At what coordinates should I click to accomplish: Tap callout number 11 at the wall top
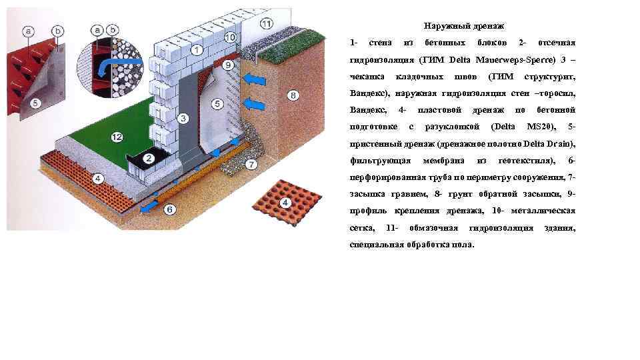[266, 24]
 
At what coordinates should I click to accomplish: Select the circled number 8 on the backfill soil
[293, 95]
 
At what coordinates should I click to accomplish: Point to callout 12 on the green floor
[117, 137]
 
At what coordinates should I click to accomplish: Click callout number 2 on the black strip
[149, 159]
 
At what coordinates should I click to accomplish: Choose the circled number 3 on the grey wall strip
[182, 119]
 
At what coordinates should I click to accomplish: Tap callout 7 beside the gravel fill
[251, 163]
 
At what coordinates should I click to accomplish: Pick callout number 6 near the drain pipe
[169, 209]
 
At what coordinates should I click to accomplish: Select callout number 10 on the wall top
[230, 37]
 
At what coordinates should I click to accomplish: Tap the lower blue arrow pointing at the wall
[253, 103]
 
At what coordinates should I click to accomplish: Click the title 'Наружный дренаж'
[459, 26]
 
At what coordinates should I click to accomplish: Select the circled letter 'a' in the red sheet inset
[28, 31]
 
